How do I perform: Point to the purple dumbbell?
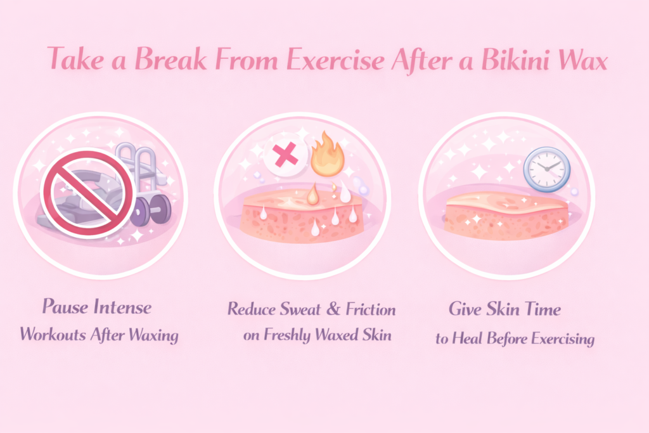(x=153, y=210)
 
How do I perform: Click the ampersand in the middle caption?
(x=333, y=310)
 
